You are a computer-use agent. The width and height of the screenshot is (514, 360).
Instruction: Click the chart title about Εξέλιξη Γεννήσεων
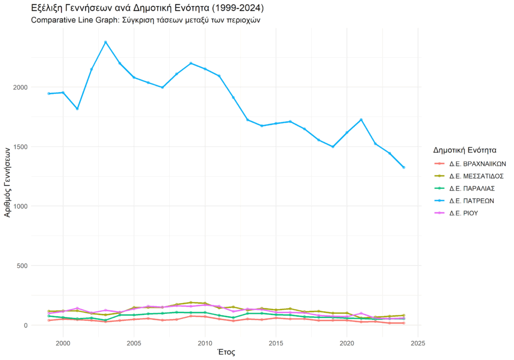pyautogui.click(x=147, y=9)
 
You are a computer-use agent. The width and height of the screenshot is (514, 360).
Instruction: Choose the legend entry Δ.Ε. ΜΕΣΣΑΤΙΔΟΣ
pyautogui.click(x=476, y=176)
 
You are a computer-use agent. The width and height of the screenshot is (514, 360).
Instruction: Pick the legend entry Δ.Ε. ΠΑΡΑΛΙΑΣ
pyautogui.click(x=472, y=188)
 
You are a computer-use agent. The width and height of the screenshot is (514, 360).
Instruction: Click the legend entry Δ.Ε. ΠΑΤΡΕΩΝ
pyautogui.click(x=472, y=200)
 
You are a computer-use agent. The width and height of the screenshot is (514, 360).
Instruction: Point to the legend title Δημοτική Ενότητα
pyautogui.click(x=465, y=150)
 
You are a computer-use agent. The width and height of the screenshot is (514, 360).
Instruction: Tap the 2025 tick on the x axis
pyautogui.click(x=418, y=343)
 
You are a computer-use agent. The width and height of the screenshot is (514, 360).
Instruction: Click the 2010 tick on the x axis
pyautogui.click(x=205, y=343)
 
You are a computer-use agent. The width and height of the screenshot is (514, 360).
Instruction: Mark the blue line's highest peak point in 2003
pyautogui.click(x=105, y=42)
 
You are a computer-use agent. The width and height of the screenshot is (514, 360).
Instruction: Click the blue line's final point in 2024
pyautogui.click(x=404, y=167)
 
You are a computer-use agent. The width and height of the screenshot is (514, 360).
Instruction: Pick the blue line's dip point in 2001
pyautogui.click(x=77, y=108)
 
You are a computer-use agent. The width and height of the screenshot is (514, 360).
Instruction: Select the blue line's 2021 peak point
pyautogui.click(x=361, y=119)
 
